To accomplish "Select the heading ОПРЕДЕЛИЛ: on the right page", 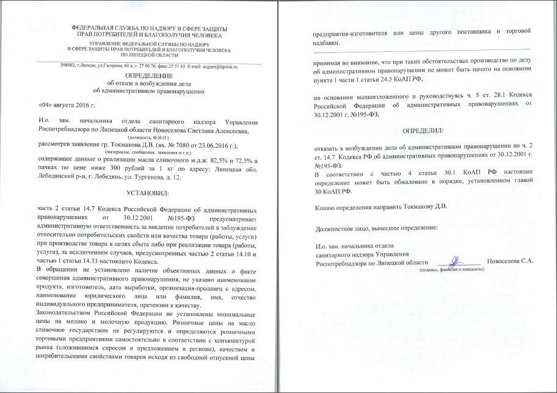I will pos(422,131).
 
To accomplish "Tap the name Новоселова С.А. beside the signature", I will pos(510,262).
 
